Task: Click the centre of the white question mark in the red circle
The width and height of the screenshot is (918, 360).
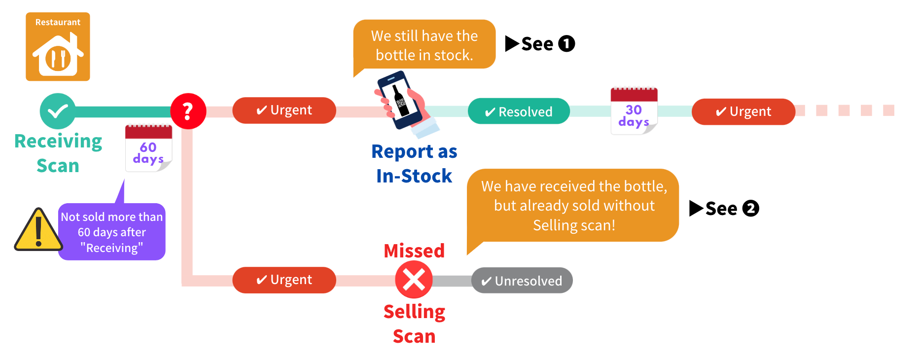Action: [x=187, y=111]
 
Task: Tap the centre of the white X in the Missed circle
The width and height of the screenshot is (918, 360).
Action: [x=414, y=280]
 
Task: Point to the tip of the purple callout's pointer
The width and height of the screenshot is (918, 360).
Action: [x=124, y=180]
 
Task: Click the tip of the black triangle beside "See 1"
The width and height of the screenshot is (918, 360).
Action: [x=520, y=43]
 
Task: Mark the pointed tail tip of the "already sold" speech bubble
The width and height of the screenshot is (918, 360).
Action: [x=467, y=254]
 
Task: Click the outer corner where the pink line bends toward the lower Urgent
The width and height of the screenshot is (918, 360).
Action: [x=182, y=286]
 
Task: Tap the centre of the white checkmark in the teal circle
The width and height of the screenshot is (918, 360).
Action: [x=58, y=111]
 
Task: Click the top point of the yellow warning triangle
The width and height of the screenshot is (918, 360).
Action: [x=38, y=208]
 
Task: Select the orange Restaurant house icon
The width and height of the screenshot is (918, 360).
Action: [x=58, y=47]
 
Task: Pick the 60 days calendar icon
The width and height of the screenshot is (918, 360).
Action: [x=148, y=148]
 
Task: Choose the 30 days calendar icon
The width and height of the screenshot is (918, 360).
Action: [x=634, y=111]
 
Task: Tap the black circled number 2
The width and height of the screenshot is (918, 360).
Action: [x=750, y=209]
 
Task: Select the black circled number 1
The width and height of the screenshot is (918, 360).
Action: [x=566, y=43]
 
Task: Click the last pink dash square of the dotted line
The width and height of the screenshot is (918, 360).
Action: [x=888, y=110]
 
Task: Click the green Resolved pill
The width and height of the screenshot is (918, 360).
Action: [x=519, y=111]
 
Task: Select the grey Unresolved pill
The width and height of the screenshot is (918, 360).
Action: [x=522, y=281]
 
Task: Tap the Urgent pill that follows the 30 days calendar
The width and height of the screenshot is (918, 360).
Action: [x=743, y=111]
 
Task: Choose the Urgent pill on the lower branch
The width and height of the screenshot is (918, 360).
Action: [x=284, y=280]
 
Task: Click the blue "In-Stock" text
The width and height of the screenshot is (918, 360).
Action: [x=414, y=176]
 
